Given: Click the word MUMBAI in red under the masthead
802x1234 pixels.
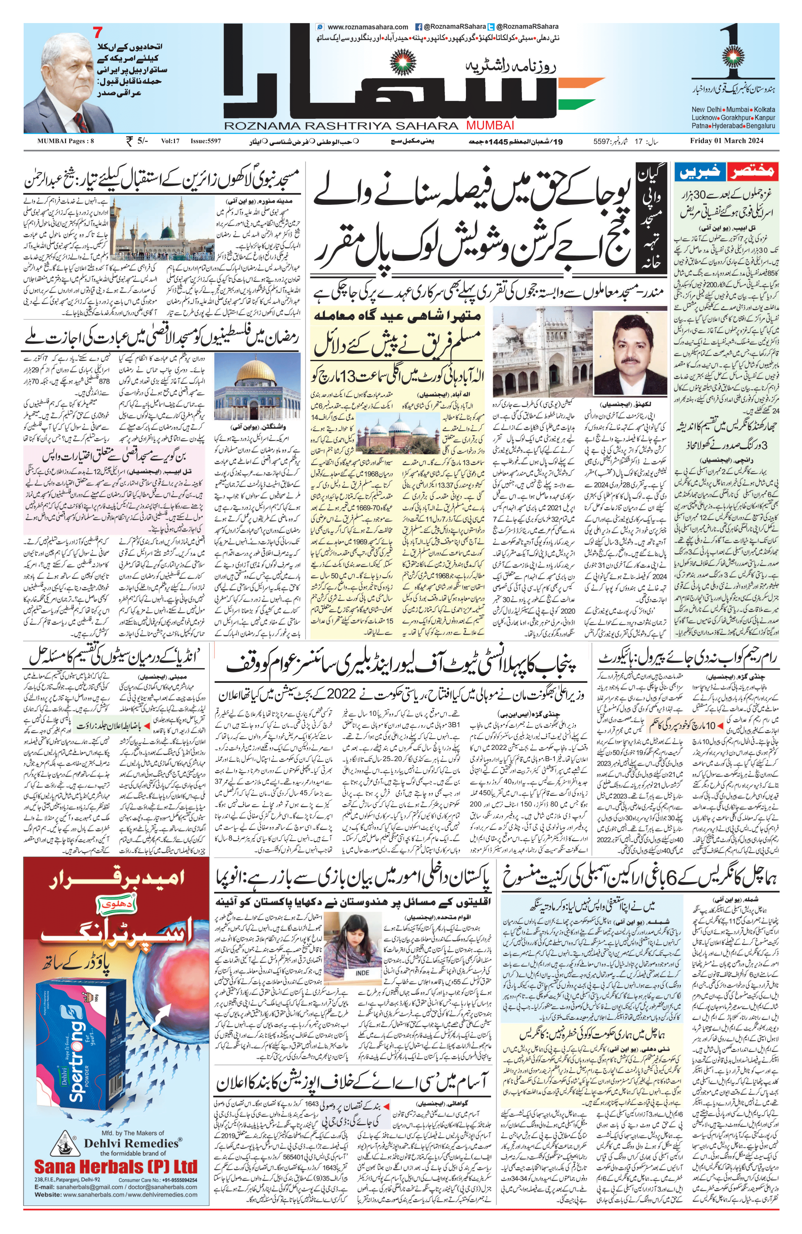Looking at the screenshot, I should [x=490, y=125].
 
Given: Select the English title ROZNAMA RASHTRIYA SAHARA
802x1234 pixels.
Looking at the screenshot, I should [x=341, y=125].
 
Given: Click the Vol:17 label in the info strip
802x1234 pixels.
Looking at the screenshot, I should [x=169, y=140].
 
